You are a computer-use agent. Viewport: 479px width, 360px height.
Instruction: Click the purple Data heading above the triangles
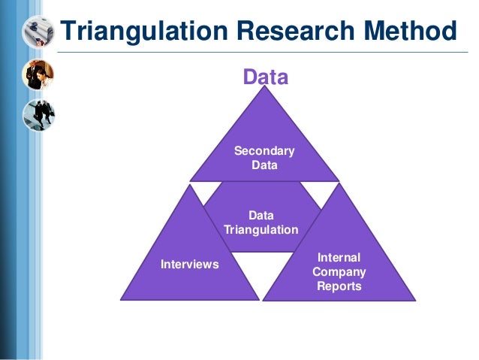click(264, 77)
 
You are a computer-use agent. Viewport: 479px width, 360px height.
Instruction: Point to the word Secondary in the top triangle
click(264, 151)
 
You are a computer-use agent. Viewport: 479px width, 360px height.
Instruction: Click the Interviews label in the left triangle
click(189, 265)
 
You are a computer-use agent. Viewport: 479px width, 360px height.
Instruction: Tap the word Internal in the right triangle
click(339, 257)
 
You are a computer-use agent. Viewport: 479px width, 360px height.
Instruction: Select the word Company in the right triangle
click(339, 271)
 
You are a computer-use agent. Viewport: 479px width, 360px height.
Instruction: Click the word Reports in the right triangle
click(339, 286)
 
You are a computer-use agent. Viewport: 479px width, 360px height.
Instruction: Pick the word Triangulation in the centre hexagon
click(261, 229)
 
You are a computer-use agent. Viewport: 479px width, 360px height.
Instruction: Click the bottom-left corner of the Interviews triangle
click(122, 299)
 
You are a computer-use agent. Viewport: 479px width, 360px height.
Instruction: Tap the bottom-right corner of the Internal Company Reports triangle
click(415, 299)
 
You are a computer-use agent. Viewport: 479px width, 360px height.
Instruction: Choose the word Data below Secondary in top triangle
click(264, 165)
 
